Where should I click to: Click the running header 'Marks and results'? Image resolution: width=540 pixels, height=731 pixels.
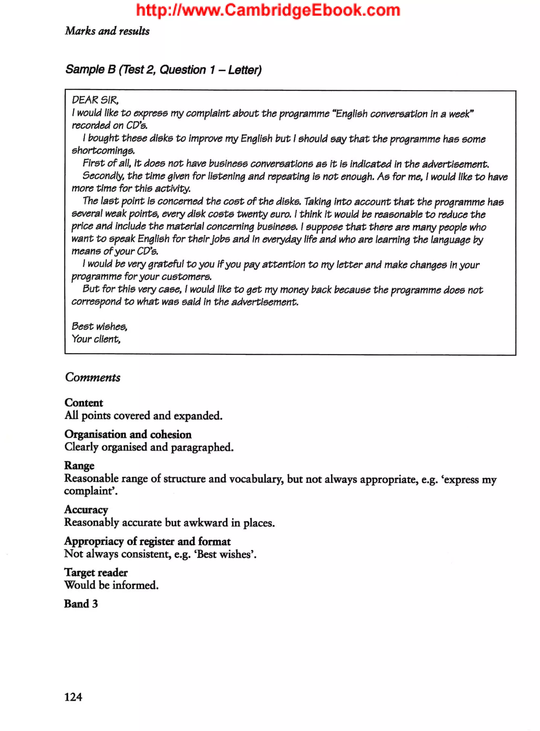click(107, 31)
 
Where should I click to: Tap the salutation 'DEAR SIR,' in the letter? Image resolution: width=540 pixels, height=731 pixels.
click(95, 100)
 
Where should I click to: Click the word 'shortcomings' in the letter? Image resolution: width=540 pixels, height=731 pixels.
click(103, 151)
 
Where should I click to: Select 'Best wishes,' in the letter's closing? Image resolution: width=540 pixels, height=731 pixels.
click(99, 326)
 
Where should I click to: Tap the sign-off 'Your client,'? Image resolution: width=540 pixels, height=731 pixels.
click(96, 339)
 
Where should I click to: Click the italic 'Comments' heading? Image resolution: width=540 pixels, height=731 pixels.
click(93, 378)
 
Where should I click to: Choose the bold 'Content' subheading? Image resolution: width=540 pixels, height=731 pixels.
click(84, 403)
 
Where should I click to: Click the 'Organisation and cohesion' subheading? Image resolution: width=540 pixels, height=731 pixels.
click(128, 434)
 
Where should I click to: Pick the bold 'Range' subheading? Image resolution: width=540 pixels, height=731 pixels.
click(79, 465)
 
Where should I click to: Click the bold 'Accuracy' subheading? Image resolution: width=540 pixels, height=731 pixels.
click(86, 510)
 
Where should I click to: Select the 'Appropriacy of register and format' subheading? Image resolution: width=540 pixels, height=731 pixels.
click(147, 541)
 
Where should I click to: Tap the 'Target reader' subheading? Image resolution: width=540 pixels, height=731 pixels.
click(96, 572)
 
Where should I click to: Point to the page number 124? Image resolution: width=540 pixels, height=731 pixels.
click(73, 697)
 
